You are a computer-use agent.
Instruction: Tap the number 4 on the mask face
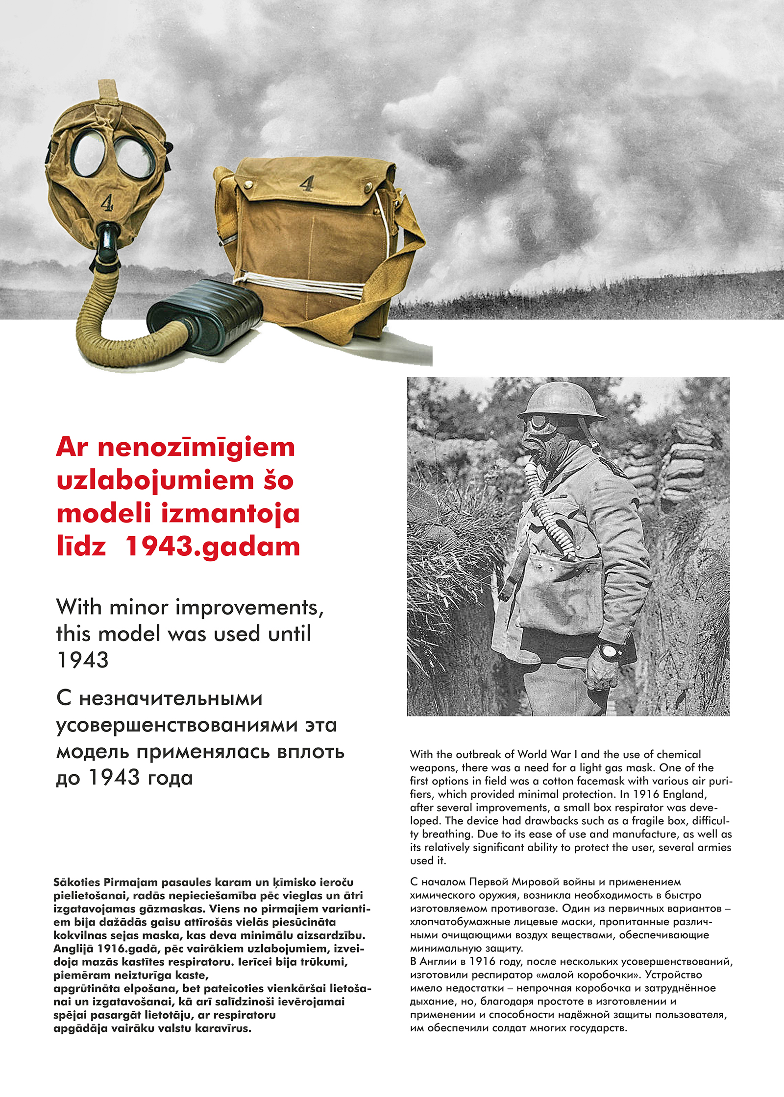tap(107, 202)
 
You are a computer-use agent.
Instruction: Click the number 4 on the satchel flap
tap(307, 184)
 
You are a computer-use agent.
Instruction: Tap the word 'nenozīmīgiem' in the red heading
tap(196, 448)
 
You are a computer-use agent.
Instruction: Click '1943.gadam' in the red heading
tap(213, 547)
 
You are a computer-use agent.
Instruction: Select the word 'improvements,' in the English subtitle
tap(249, 608)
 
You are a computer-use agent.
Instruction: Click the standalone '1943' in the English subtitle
tap(82, 660)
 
